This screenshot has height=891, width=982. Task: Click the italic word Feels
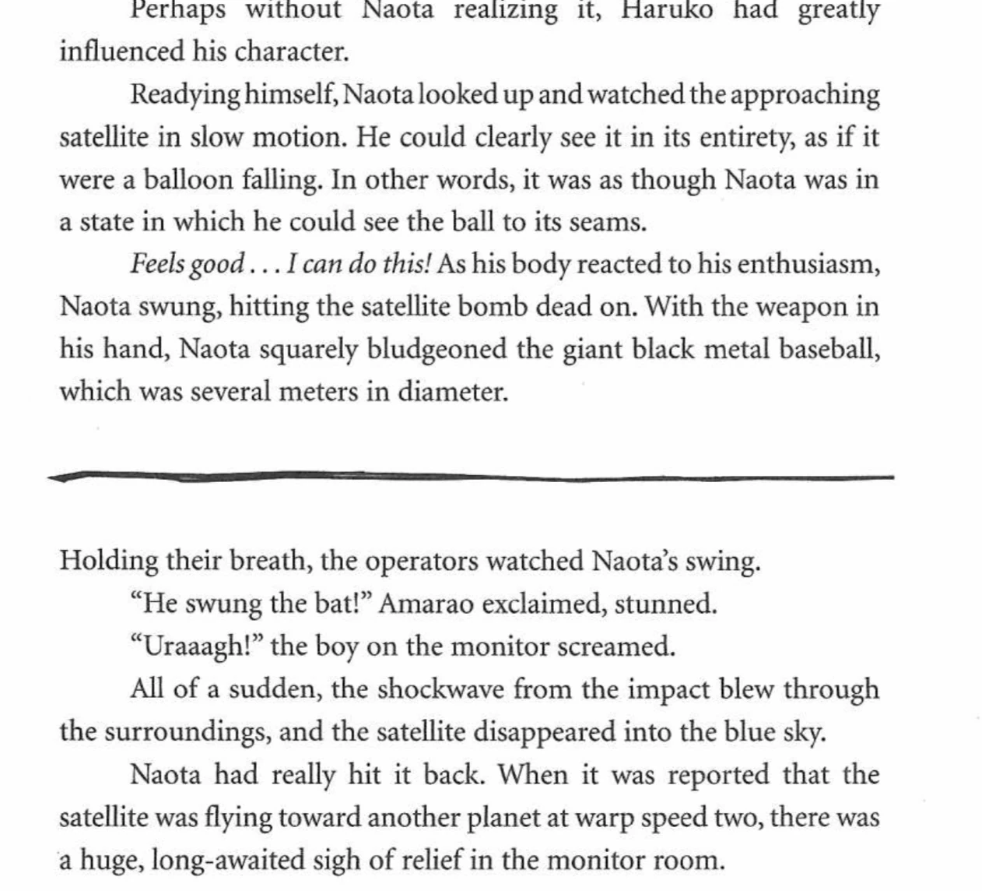tap(156, 265)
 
